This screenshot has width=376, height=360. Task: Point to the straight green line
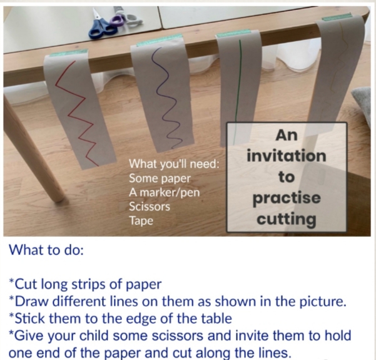click(238, 92)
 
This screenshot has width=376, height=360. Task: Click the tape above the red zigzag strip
click(69, 52)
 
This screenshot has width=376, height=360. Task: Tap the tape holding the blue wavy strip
click(160, 40)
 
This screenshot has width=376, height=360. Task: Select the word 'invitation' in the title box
click(287, 156)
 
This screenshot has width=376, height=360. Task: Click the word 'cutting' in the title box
click(287, 219)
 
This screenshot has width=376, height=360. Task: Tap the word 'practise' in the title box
click(287, 198)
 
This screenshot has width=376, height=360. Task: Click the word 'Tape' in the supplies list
click(141, 221)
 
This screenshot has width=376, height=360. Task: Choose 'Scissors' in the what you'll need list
click(150, 206)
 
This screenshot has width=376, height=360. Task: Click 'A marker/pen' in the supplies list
click(165, 192)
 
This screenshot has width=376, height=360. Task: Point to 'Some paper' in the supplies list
click(160, 179)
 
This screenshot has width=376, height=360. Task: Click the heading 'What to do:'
click(46, 250)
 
